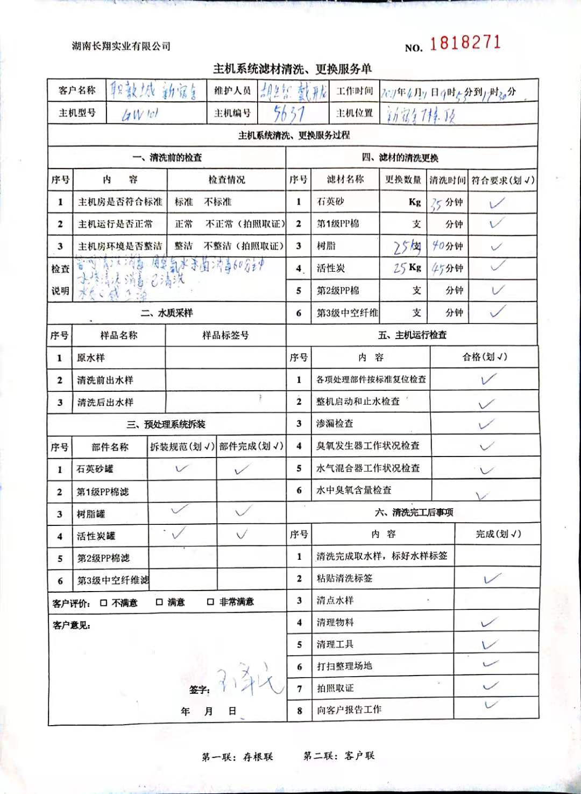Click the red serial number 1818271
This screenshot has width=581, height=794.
tap(465, 43)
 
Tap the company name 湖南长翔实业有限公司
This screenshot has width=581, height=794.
tap(121, 46)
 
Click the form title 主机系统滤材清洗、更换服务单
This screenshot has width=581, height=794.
tap(292, 69)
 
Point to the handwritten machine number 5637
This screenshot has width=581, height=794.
tap(289, 114)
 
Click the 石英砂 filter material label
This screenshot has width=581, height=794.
tap(330, 201)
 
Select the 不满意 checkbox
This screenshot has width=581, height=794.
tap(104, 603)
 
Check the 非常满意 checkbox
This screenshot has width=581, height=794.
tap(211, 602)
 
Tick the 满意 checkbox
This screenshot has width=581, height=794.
tap(159, 602)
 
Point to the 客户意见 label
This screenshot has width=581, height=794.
tap(72, 625)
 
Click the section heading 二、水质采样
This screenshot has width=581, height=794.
tap(167, 313)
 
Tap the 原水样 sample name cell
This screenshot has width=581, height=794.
tap(91, 358)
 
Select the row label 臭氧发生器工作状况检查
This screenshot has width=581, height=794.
tap(368, 446)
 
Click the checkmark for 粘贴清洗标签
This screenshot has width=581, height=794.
tap(492, 579)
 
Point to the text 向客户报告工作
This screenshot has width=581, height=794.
tap(349, 709)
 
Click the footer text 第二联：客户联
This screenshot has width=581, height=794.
tap(339, 756)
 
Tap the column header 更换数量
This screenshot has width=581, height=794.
tap(403, 180)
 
